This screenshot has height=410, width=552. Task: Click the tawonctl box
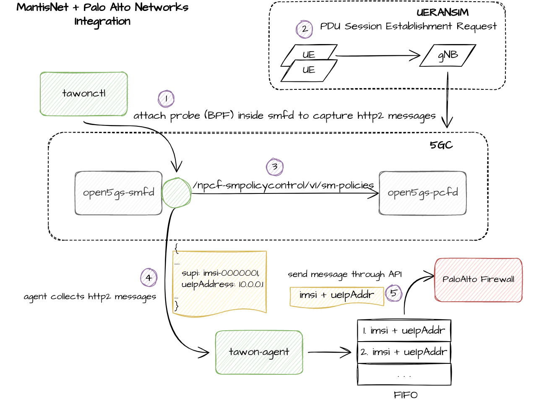[84, 94]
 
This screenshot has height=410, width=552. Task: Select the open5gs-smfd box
[119, 193]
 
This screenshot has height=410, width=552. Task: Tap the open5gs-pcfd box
[423, 193]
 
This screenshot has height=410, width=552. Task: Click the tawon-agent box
[259, 352]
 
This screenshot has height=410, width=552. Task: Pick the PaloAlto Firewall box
[479, 279]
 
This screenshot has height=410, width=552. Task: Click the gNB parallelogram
[448, 55]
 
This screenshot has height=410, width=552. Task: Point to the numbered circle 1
[166, 99]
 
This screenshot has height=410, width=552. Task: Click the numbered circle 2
[305, 29]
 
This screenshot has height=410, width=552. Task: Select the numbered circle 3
[275, 167]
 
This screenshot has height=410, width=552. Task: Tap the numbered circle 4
[149, 277]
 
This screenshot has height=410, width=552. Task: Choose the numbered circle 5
[393, 292]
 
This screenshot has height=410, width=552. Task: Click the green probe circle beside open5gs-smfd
[177, 193]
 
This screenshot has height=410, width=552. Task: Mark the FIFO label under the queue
[406, 395]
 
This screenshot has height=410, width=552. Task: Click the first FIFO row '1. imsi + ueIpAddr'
[404, 331]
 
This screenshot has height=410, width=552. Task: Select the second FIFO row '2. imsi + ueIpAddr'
[404, 352]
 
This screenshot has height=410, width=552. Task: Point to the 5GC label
[441, 145]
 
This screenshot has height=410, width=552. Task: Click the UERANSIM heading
[442, 12]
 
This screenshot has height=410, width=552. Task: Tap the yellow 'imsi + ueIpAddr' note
[337, 295]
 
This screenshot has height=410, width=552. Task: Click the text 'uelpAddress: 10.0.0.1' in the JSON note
[223, 285]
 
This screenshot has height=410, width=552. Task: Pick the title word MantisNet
[42, 8]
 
